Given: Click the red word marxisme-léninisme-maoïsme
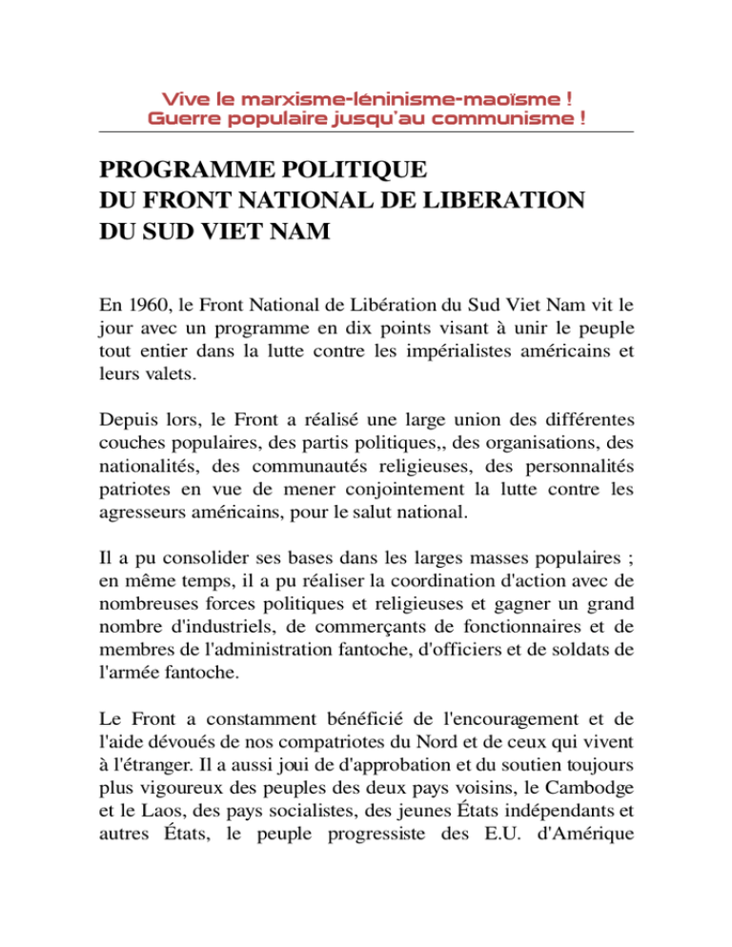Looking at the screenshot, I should click(x=368, y=99).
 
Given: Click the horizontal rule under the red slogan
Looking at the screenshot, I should click(x=366, y=132).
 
